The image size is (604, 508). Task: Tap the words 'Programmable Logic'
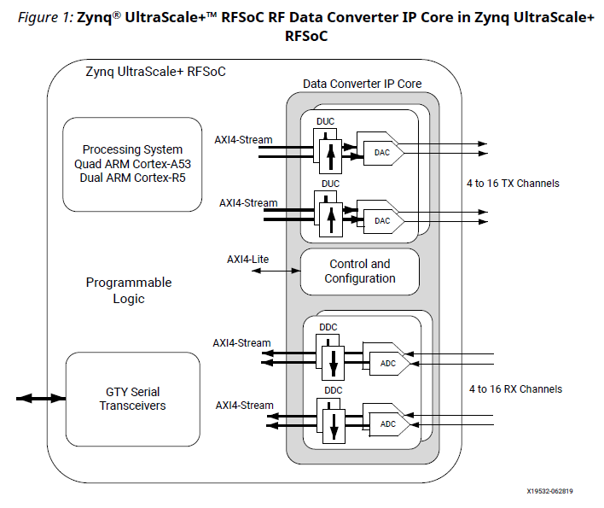click(129, 290)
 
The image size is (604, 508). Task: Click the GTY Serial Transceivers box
click(132, 399)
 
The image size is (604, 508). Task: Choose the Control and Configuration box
click(360, 272)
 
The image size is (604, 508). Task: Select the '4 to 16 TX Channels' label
click(513, 184)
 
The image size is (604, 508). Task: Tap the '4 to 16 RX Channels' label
click(515, 388)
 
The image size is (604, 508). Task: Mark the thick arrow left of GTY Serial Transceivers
click(40, 399)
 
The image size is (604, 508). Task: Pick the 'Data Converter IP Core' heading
click(363, 84)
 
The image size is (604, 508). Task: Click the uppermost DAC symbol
click(380, 152)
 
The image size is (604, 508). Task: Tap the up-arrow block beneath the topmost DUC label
click(326, 154)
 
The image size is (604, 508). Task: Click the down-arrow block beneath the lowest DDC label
click(334, 424)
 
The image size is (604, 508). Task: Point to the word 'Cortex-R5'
click(158, 178)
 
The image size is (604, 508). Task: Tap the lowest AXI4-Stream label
click(244, 406)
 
